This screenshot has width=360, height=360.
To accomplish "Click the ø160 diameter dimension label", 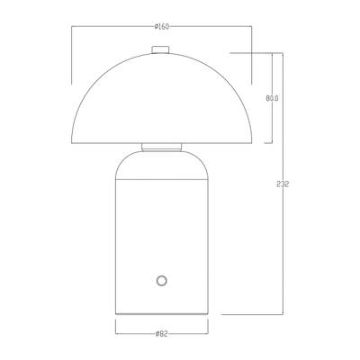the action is click(162, 27).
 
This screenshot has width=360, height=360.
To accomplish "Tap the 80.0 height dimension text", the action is click(272, 98).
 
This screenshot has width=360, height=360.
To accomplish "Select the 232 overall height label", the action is click(283, 184).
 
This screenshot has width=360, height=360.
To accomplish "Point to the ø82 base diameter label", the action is click(162, 334).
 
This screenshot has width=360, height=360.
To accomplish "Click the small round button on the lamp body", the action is click(162, 281).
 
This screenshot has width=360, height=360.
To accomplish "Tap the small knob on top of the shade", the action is click(161, 49).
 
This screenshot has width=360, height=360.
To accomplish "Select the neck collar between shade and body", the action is click(162, 147).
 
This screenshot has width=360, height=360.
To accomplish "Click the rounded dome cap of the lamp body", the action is click(162, 165).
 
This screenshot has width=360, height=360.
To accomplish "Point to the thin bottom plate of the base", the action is click(162, 313).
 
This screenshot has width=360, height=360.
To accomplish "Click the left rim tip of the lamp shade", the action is click(72, 143).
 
